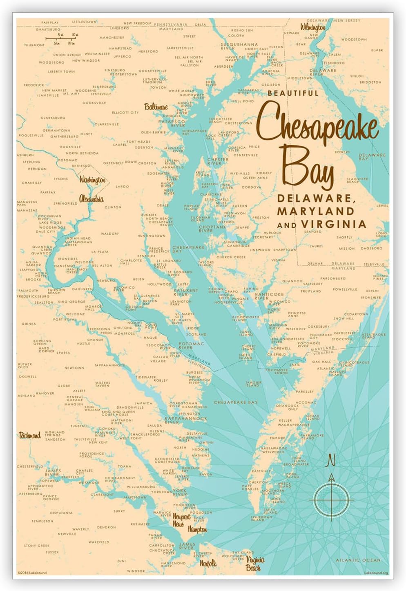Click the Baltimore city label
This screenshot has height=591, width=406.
156,107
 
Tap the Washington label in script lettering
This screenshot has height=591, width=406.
92,180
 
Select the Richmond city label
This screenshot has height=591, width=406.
30,435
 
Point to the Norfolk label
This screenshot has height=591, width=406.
208,563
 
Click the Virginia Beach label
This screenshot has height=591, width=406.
254,564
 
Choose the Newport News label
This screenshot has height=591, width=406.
181,520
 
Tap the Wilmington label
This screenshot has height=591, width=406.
313,27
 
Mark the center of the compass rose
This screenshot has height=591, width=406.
331,499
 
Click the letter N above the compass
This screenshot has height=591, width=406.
331,460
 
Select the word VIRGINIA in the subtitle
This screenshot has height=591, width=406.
334,224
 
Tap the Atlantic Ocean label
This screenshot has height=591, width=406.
358,560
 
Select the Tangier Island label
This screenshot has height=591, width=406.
252,384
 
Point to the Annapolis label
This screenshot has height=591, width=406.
170,167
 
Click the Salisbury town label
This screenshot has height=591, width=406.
313,284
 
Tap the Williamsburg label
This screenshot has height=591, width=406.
141,487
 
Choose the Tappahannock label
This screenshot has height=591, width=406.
109,365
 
